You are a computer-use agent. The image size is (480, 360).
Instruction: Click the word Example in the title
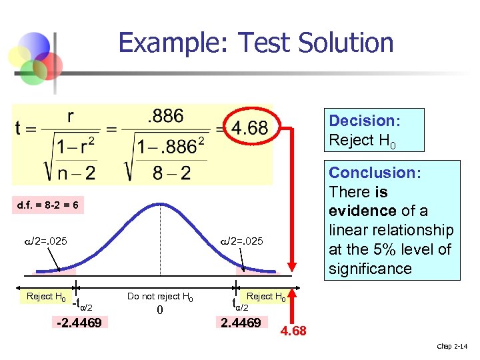click(x=175, y=43)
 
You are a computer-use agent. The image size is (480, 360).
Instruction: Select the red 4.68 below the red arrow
click(x=293, y=331)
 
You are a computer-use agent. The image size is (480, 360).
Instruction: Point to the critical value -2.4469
click(x=79, y=324)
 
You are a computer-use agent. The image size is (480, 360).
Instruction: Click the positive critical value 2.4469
click(x=241, y=323)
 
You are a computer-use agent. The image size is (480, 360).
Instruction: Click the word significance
click(x=370, y=269)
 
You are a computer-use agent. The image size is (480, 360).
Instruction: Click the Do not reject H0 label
click(x=160, y=297)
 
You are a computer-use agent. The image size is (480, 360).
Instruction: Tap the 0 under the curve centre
click(x=159, y=311)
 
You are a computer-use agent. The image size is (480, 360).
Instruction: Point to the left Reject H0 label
click(x=45, y=297)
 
